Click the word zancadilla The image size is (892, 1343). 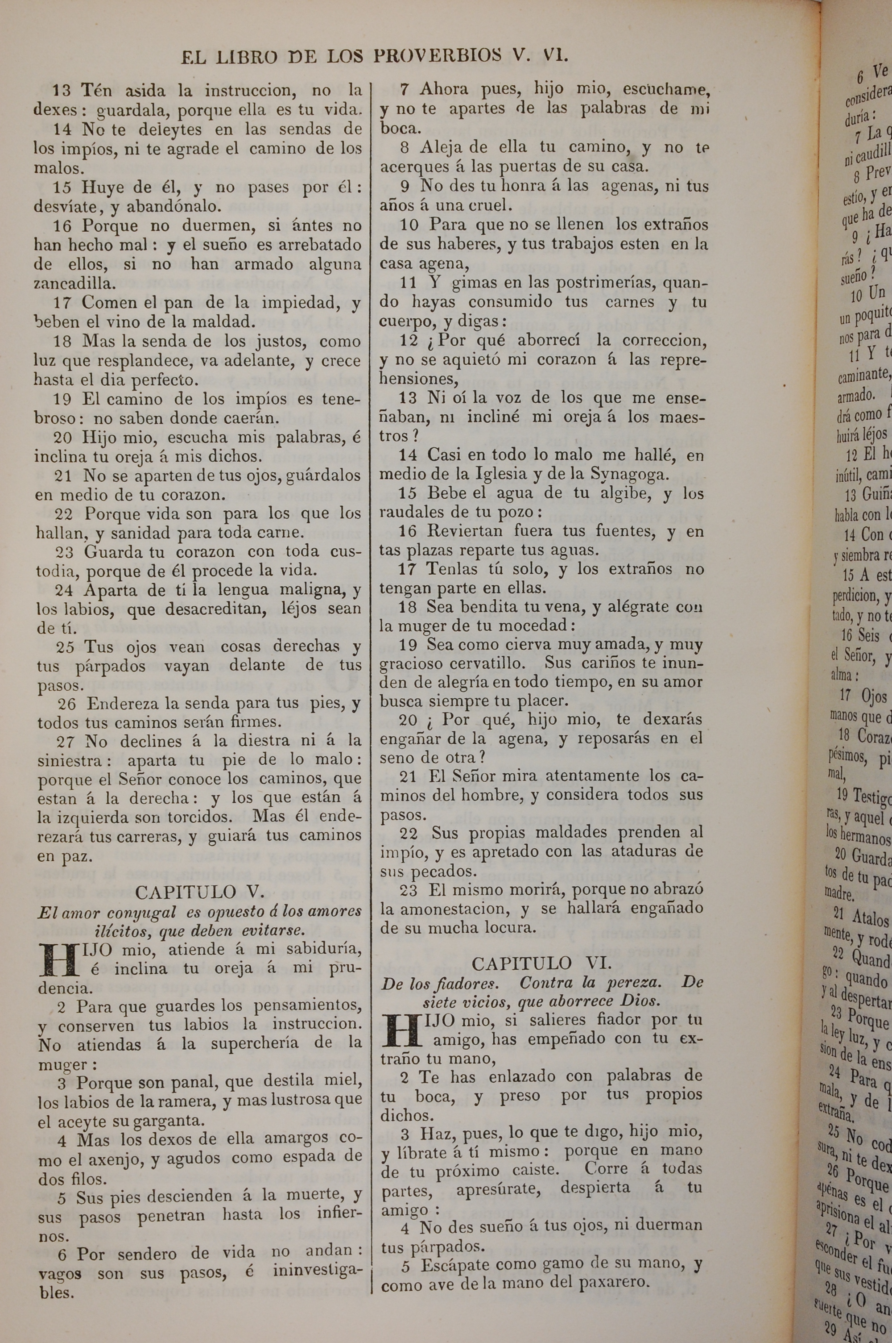[74, 284]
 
